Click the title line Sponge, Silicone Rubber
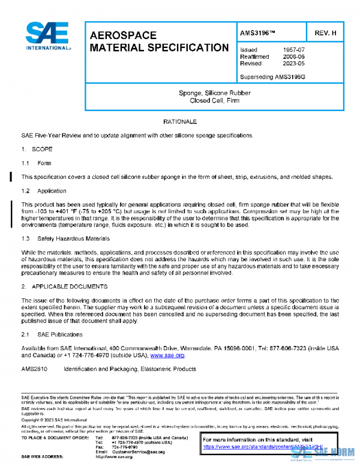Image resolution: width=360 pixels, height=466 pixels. click(215, 93)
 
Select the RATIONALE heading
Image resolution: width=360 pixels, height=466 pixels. click(180, 122)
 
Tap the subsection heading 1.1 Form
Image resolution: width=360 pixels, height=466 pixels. click(37, 163)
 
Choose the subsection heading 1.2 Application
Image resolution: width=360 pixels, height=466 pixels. click(44, 191)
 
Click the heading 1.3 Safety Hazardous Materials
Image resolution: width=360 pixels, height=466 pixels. click(66, 238)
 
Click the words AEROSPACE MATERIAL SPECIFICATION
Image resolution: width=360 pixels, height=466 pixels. click(159, 41)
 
